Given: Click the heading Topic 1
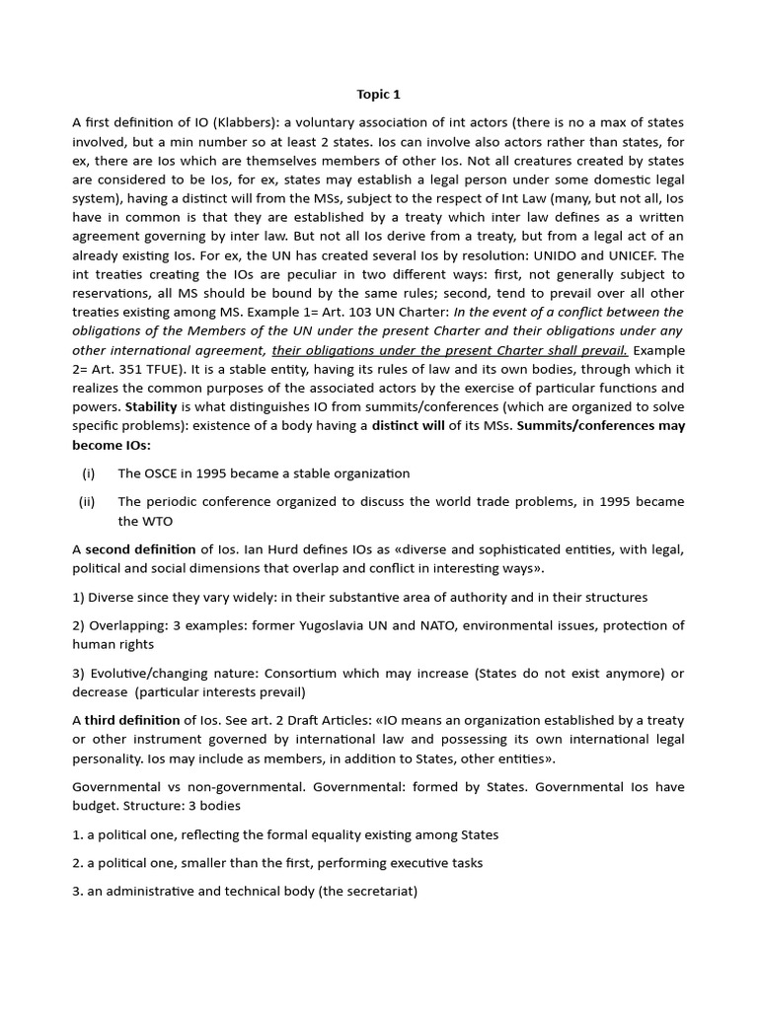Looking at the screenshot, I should pos(379,95).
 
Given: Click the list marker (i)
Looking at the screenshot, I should pos(88,473).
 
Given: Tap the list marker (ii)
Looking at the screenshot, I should pos(87,501).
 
